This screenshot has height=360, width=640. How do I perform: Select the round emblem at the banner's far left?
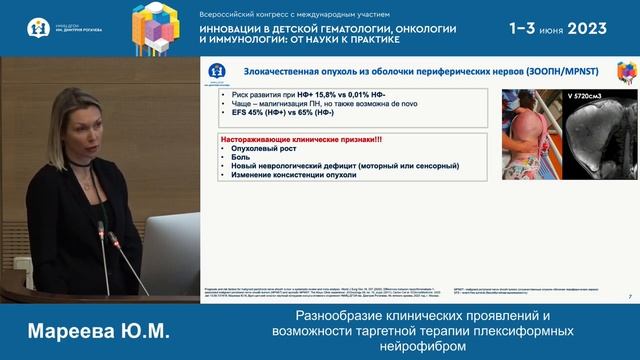click(x=37, y=28)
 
